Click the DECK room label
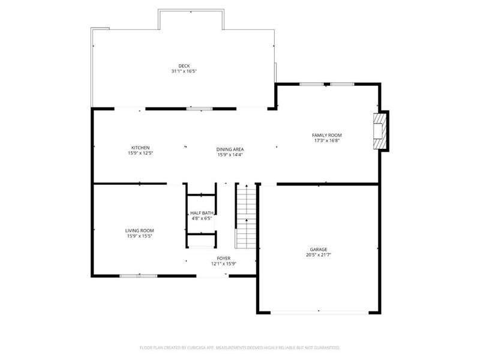[184, 66]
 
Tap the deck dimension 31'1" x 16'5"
[184, 71]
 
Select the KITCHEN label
[140, 148]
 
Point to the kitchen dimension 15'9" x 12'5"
[140, 154]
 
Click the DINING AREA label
[230, 149]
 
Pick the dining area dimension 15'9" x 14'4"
[230, 155]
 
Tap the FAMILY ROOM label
[326, 136]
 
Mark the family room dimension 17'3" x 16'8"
[326, 142]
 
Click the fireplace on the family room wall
[380, 131]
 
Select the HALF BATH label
[202, 213]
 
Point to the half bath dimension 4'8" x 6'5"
[202, 218]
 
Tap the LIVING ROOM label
[139, 230]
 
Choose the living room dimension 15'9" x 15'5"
[139, 236]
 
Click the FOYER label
[224, 258]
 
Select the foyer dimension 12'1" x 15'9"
[224, 264]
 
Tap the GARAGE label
[319, 249]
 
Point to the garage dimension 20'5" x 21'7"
[319, 255]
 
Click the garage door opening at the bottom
[319, 311]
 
